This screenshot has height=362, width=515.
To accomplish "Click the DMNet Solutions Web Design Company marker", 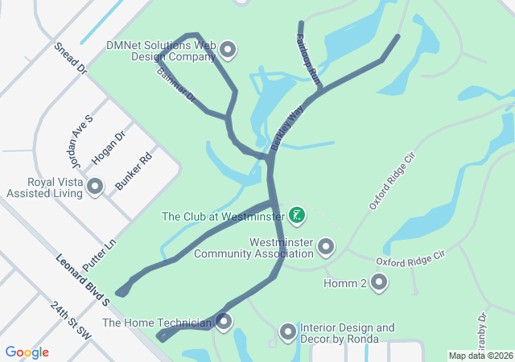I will pyautogui.click(x=228, y=51).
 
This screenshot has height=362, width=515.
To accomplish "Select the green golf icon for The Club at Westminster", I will pyautogui.click(x=297, y=215).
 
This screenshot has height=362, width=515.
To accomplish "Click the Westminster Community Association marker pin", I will pyautogui.click(x=326, y=245).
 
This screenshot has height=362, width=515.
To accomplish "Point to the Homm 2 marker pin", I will pyautogui.click(x=378, y=282).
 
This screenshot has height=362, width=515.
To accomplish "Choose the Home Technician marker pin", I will pyautogui.click(x=224, y=323).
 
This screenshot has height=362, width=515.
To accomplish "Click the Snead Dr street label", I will pyautogui.click(x=70, y=60).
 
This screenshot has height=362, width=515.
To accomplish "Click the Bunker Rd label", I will pyautogui.click(x=134, y=171).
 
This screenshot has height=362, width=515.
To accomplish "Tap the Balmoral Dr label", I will pyautogui.click(x=176, y=83).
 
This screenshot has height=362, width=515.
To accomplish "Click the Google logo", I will pyautogui.click(x=27, y=352).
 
